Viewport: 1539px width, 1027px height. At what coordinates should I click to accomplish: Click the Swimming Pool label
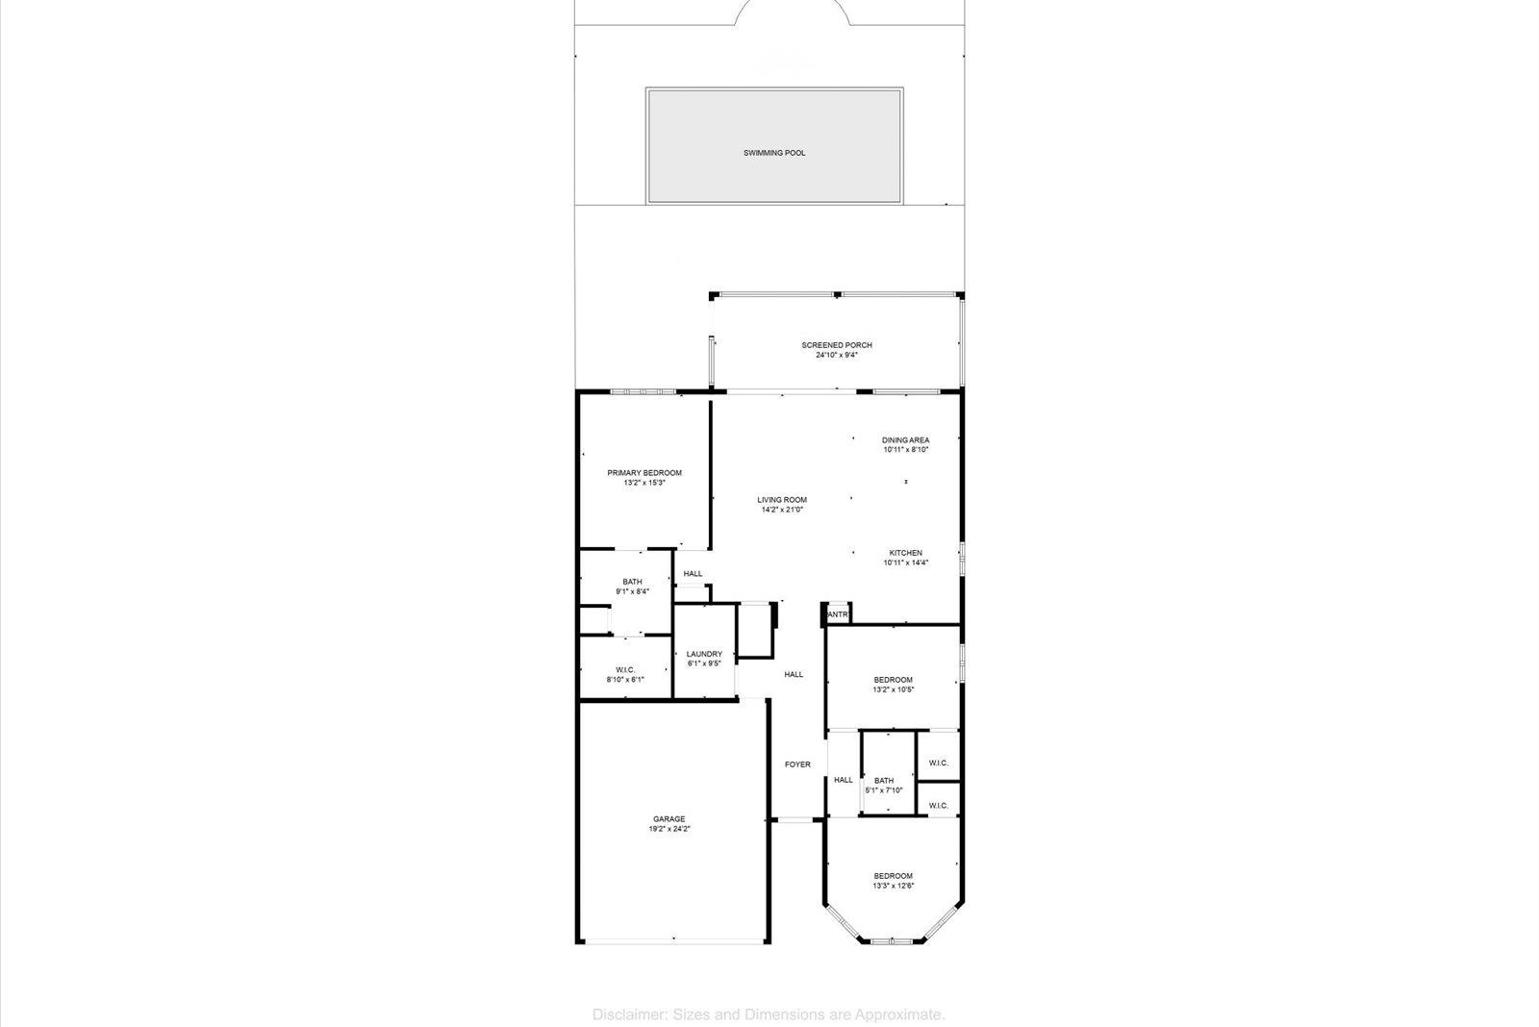[x=774, y=153]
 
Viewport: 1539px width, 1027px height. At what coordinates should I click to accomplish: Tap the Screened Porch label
[x=837, y=345]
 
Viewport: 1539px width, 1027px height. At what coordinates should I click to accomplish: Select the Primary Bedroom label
[x=644, y=473]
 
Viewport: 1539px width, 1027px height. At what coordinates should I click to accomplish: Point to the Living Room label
[x=782, y=500]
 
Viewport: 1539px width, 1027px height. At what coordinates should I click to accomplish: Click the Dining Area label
[x=906, y=440]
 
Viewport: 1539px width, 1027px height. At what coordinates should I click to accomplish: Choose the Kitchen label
[x=906, y=553]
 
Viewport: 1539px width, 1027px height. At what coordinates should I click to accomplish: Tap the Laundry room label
[x=704, y=654]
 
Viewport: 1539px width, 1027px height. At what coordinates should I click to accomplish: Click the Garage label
[x=669, y=819]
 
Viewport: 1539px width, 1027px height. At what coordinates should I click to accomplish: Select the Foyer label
[x=797, y=764]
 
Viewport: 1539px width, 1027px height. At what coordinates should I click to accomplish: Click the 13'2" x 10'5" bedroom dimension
[x=893, y=689]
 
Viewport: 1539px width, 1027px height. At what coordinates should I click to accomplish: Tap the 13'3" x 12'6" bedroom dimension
[x=893, y=886]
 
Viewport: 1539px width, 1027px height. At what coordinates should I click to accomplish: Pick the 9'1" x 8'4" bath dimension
[x=633, y=591]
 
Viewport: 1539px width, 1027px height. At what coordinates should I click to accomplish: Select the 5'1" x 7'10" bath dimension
[x=884, y=790]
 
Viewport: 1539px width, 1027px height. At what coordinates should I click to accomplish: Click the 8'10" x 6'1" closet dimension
[x=625, y=680]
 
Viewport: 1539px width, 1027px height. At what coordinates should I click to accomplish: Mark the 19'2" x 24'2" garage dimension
[x=669, y=829]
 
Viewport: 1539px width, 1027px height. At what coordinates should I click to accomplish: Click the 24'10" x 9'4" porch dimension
[x=837, y=355]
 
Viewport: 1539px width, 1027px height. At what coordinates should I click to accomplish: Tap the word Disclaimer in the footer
[x=626, y=1014]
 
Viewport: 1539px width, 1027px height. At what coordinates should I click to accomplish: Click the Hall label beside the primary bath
[x=693, y=574]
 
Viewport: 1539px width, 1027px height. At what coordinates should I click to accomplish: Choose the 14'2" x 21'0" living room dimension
[x=782, y=510]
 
